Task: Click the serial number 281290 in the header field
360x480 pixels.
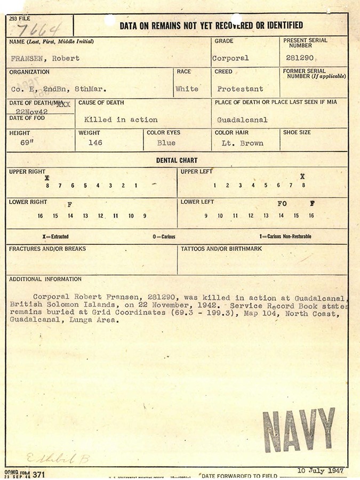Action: coord(299,58)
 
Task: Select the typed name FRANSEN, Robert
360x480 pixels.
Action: coord(45,58)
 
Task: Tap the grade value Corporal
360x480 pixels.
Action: coord(230,58)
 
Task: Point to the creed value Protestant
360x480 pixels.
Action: coord(240,89)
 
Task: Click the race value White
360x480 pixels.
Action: coord(187,89)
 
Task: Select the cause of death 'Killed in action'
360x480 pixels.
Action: coord(121,119)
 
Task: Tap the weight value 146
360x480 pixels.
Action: coord(95,143)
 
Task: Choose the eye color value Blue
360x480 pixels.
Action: coord(166,143)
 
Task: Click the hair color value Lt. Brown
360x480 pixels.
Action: coord(242,143)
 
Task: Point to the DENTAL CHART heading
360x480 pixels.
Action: coord(177,160)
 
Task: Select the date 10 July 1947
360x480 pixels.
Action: coord(321,470)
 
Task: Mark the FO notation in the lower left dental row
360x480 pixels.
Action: coord(282,204)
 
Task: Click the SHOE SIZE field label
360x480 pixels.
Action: coord(298,133)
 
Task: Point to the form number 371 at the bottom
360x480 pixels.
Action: coord(39,474)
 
